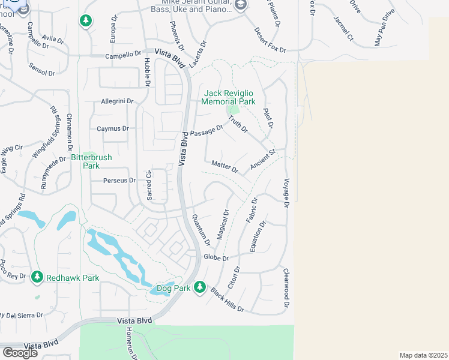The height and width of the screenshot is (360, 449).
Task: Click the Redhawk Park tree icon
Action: point(37,277)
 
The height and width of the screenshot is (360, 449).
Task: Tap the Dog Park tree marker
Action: point(200,288)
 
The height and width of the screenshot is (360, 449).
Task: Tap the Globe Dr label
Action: point(217,257)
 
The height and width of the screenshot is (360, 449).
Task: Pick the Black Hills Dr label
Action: point(228,299)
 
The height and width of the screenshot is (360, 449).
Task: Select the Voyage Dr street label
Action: point(286,193)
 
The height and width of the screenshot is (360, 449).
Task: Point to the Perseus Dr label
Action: point(119,180)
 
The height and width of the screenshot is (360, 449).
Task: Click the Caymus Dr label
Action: point(113,128)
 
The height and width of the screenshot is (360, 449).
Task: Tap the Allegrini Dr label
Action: point(116,101)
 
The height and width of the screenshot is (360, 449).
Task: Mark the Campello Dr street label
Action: point(122,54)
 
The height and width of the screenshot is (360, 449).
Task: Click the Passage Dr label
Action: point(206,130)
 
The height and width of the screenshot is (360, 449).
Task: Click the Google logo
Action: point(20,352)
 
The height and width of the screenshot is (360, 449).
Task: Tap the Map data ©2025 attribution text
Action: point(423,355)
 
